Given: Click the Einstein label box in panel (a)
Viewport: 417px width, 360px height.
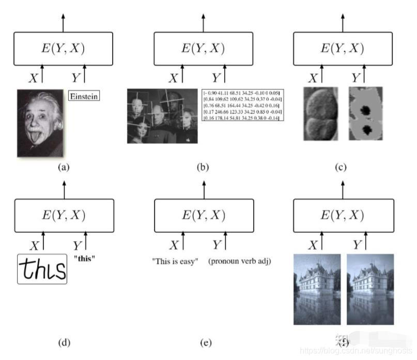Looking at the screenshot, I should [84, 96].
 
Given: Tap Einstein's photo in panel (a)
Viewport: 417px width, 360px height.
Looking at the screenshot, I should [40, 123].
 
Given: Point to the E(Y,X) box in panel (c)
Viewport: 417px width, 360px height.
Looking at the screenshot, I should [340, 49].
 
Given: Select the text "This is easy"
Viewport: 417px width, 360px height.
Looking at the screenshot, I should [175, 261].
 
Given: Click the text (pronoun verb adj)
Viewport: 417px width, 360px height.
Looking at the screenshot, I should [240, 261].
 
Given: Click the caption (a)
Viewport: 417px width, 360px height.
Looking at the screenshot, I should [64, 167].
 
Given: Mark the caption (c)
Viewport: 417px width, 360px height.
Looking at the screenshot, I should [341, 167].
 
